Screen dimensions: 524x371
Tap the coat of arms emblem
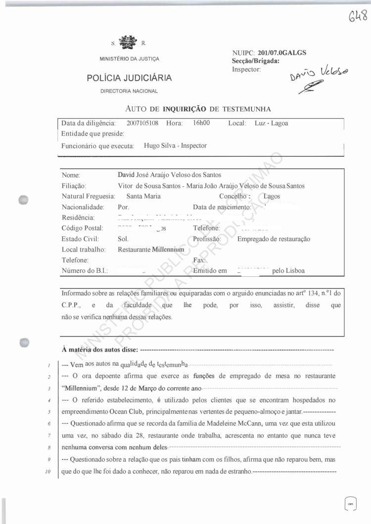coord(128,43)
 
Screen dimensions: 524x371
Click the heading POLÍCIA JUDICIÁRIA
coord(129,78)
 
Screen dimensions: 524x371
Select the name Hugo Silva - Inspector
coord(175,146)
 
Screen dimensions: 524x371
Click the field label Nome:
coord(71,175)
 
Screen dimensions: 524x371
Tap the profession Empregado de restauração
coord(274,239)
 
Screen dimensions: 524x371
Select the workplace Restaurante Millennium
coord(151,250)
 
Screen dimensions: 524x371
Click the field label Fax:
coord(199,260)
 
